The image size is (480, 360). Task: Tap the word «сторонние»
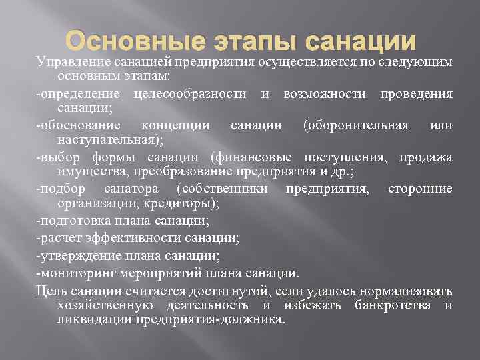(420, 189)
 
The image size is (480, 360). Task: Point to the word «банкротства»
(394, 305)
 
